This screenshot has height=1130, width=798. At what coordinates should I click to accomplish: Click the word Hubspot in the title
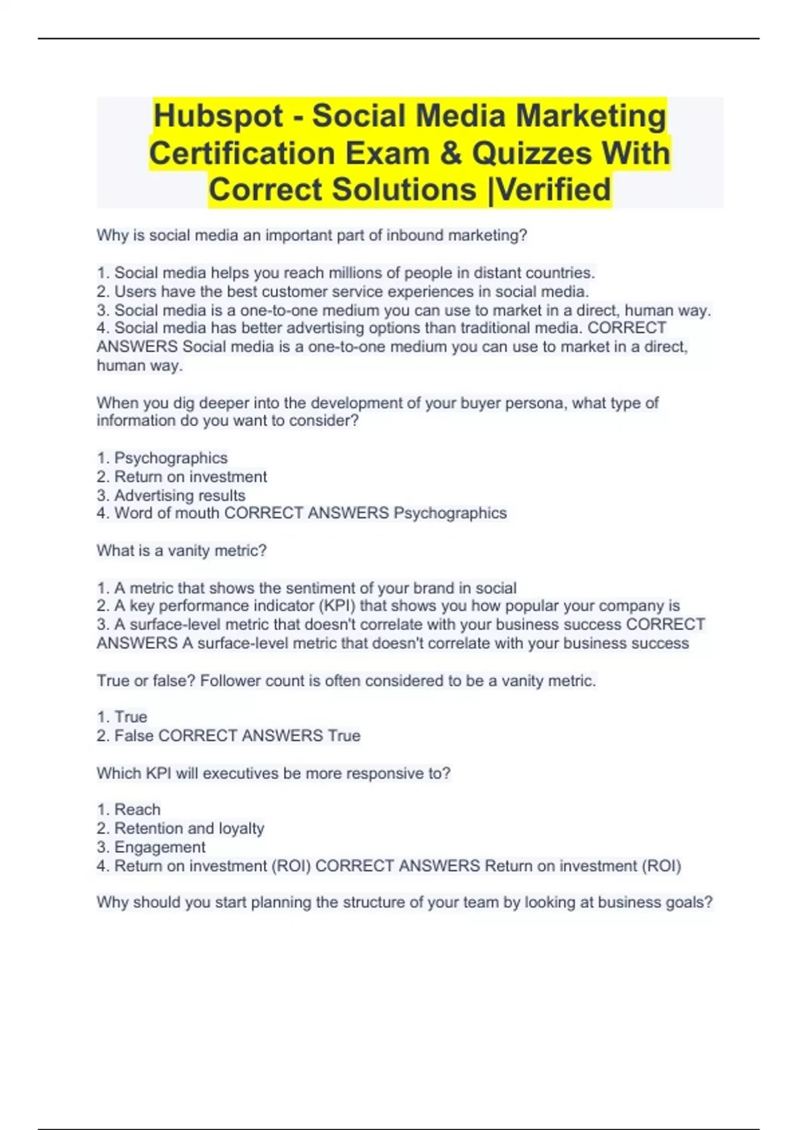[218, 116]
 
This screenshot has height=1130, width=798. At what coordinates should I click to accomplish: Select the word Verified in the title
[554, 189]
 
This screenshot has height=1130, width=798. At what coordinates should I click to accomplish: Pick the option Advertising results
[179, 495]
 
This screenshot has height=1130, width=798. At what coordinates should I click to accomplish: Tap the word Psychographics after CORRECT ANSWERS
[450, 513]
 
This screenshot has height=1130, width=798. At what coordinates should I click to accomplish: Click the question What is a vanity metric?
[182, 550]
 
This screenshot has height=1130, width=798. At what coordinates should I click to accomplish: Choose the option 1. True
[122, 717]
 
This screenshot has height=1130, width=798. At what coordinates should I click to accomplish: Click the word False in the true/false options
[134, 736]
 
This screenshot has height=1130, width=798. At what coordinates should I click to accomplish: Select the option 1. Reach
[129, 810]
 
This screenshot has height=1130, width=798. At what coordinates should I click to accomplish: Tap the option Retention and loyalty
[189, 828]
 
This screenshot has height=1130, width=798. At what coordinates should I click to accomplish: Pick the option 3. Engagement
[152, 847]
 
